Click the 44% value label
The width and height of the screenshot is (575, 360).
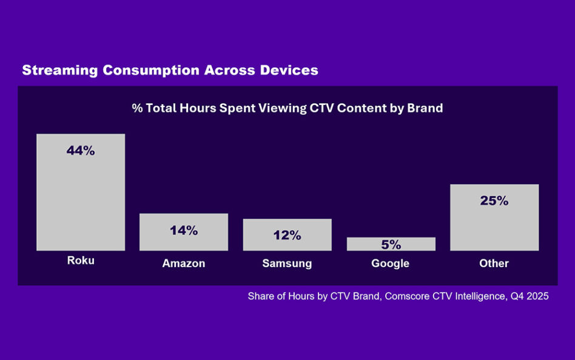click(81, 152)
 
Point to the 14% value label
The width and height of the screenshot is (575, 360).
click(184, 231)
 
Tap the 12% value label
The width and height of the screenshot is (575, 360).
click(287, 236)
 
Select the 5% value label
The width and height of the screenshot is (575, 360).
click(391, 245)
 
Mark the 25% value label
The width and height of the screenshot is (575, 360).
click(494, 201)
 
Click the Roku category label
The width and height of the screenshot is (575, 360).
click(81, 261)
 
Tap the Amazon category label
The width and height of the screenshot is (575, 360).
click(184, 264)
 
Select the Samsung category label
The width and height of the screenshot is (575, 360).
click(287, 264)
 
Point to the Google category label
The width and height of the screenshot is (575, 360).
click(390, 264)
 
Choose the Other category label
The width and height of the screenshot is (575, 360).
click(494, 264)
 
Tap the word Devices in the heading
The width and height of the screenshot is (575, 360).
click(289, 70)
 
